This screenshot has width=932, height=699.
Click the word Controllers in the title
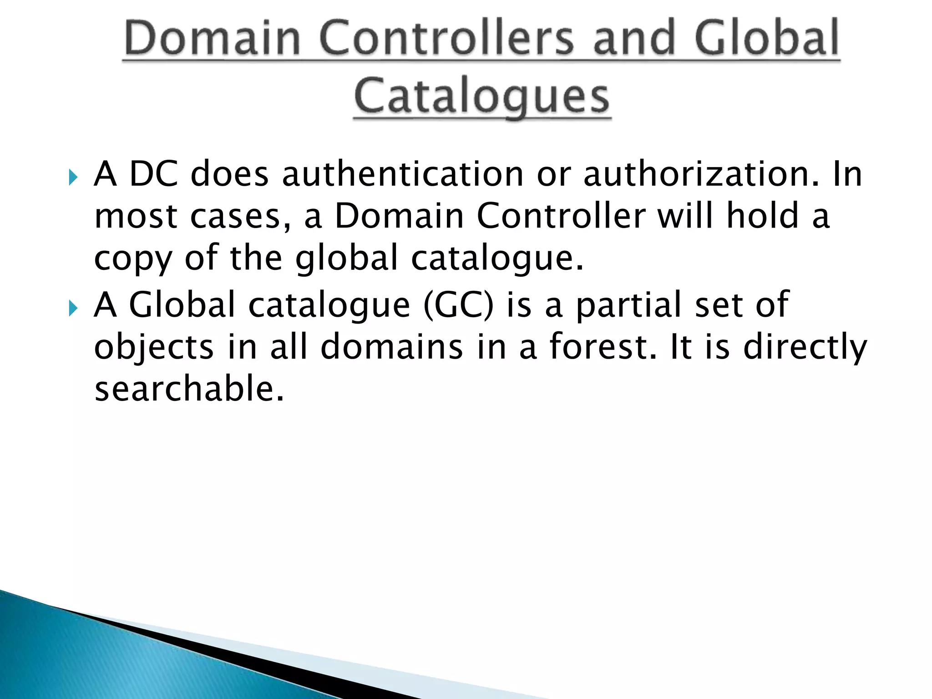click(x=446, y=39)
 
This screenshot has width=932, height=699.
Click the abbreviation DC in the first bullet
click(x=154, y=174)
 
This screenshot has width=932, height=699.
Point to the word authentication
click(x=403, y=174)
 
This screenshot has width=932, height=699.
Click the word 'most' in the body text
click(x=136, y=216)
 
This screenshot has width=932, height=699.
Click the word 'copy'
click(x=133, y=258)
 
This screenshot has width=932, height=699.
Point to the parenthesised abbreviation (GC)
click(x=458, y=305)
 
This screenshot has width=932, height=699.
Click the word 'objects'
click(x=153, y=347)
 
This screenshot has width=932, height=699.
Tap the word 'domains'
click(x=392, y=347)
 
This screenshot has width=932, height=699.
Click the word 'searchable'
click(x=189, y=389)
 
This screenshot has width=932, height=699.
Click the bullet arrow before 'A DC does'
click(x=73, y=177)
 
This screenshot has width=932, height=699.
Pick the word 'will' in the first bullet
click(x=685, y=216)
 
